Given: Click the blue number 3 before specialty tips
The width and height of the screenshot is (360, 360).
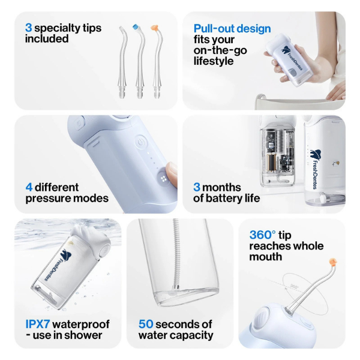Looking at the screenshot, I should point(28,28).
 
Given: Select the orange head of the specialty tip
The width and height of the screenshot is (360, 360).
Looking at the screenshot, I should point(154,28).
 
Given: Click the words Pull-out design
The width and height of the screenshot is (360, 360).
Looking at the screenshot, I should point(232,29).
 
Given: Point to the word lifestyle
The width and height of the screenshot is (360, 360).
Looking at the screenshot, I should point(214,61).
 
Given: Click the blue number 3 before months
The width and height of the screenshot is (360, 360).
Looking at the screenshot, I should point(196,187).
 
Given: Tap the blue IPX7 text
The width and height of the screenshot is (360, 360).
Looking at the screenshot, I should point(40,324).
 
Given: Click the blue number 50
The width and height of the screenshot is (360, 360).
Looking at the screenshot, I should point(146,324).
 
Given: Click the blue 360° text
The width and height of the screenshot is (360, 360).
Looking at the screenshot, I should point(263,235).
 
